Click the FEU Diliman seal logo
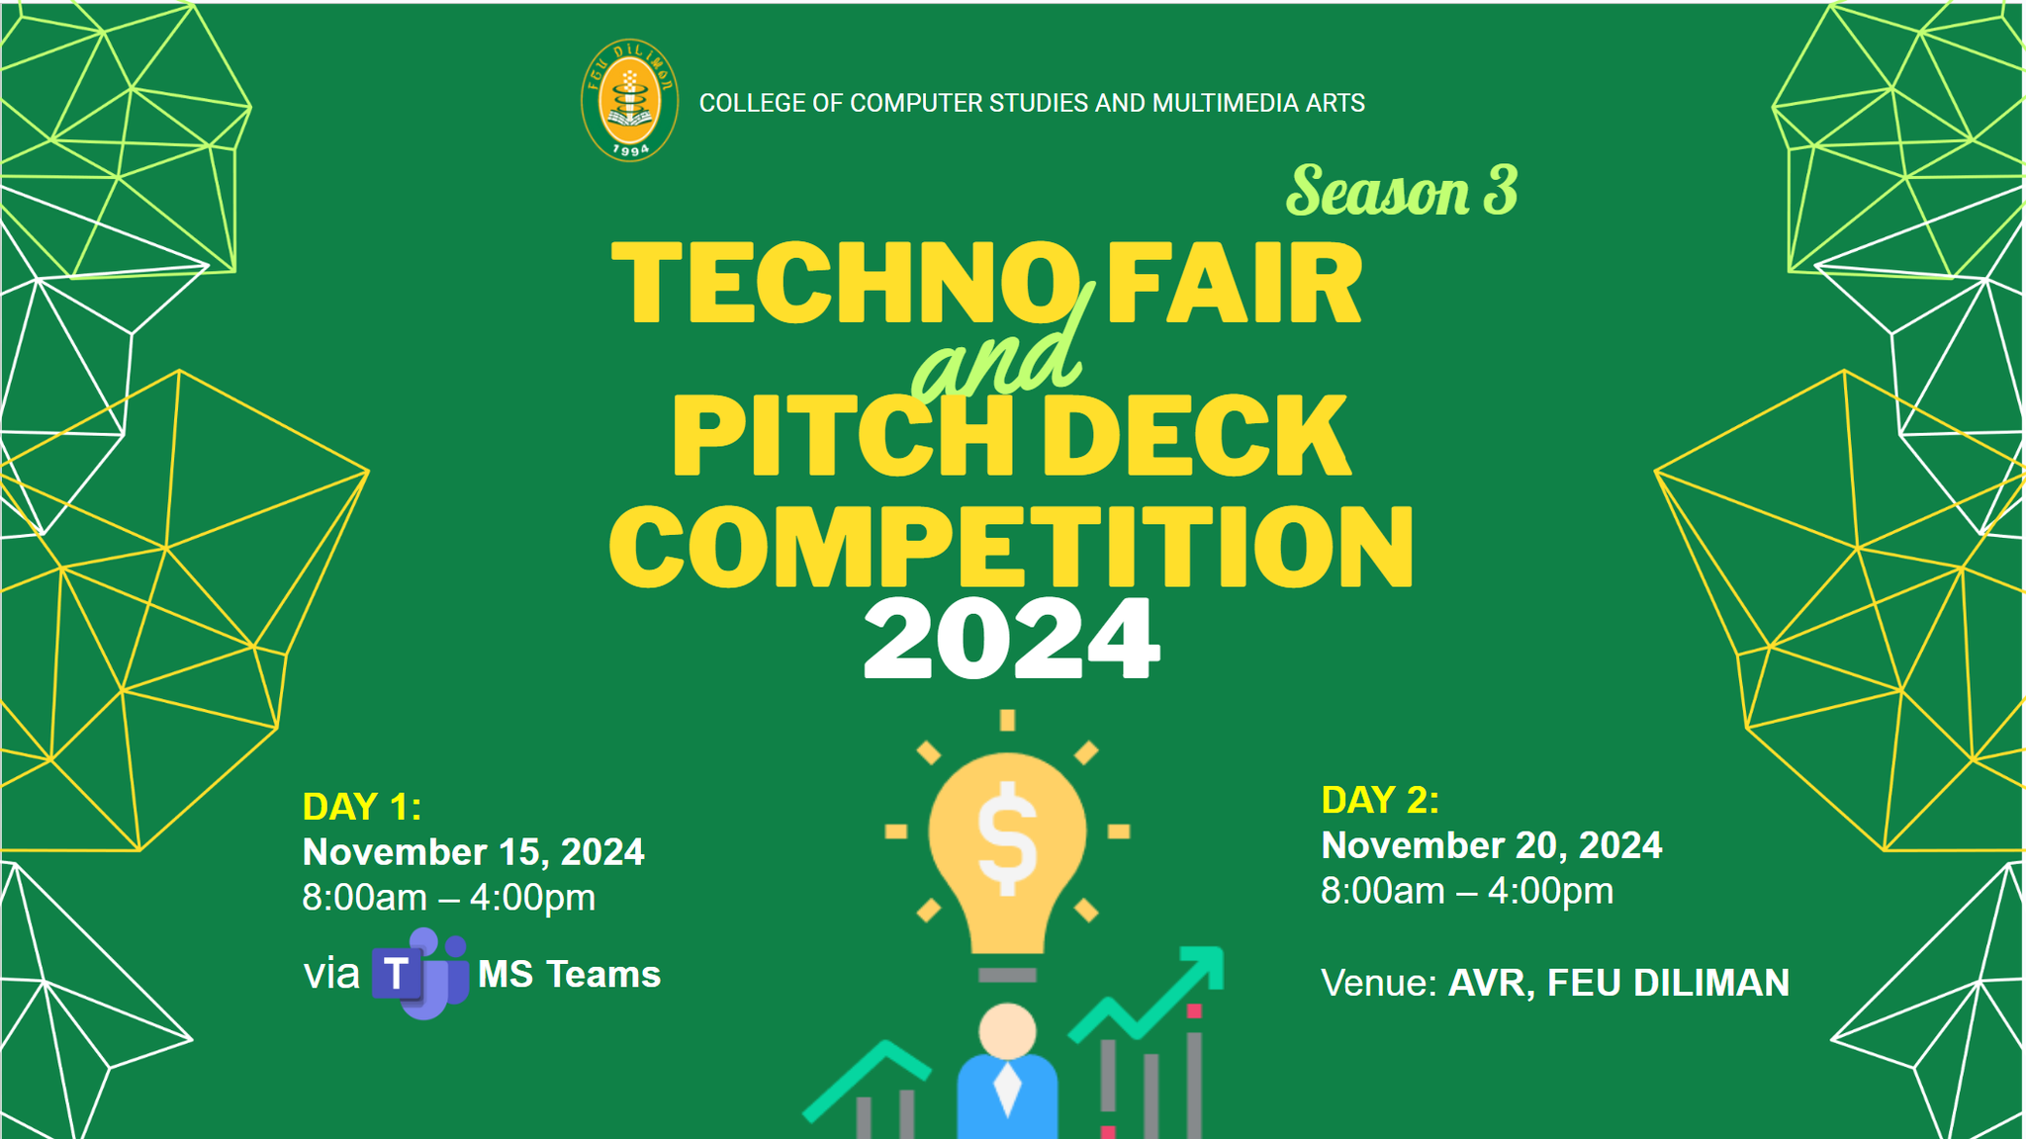(x=629, y=101)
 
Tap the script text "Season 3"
(x=1402, y=191)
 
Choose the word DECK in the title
(x=1197, y=435)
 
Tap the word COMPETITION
(x=1011, y=547)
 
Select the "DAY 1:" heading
(x=362, y=807)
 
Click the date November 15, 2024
(x=473, y=852)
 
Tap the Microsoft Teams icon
(x=419, y=974)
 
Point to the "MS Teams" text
(x=569, y=975)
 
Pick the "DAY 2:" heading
(x=1380, y=800)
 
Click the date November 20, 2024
(x=1492, y=845)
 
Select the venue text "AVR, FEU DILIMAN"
(x=1618, y=983)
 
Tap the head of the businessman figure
(x=1007, y=1031)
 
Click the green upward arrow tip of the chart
(x=1209, y=962)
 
